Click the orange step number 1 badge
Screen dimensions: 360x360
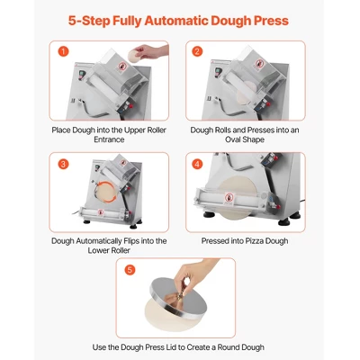coord(63,51)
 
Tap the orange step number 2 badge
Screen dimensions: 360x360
coord(197,51)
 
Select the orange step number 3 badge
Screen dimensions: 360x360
coord(63,164)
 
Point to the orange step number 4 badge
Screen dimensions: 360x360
coord(197,164)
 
